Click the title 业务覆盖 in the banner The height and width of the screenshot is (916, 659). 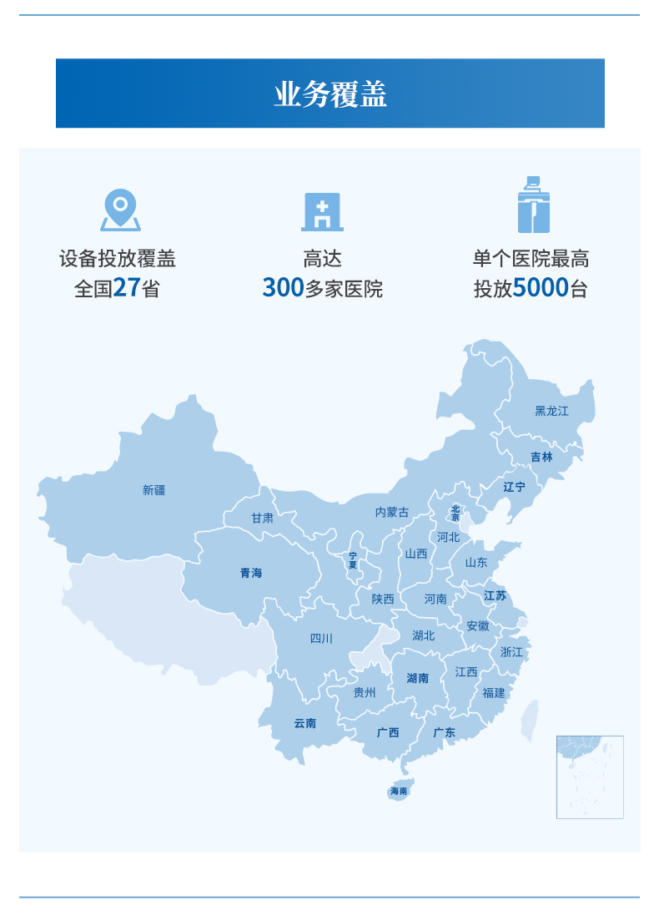click(330, 94)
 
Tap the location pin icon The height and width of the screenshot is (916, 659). click(120, 210)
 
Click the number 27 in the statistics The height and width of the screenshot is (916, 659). click(126, 288)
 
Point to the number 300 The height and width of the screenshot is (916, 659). click(283, 288)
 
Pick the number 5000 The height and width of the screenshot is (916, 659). click(541, 288)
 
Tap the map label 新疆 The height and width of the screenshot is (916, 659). click(154, 490)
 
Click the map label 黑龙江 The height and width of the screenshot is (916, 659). click(551, 411)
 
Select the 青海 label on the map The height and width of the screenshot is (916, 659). click(251, 573)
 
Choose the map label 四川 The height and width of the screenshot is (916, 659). click(321, 639)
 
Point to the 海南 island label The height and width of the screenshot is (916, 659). click(400, 791)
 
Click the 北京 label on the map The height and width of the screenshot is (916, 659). click(455, 513)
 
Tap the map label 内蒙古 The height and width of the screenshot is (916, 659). click(392, 512)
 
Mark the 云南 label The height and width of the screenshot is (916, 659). click(305, 723)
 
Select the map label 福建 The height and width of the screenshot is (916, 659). click(494, 692)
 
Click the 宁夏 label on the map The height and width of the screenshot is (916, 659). click(353, 559)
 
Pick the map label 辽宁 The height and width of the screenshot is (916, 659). click(515, 486)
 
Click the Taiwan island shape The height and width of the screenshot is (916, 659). click(530, 721)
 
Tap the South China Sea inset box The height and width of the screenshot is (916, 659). click(590, 777)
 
